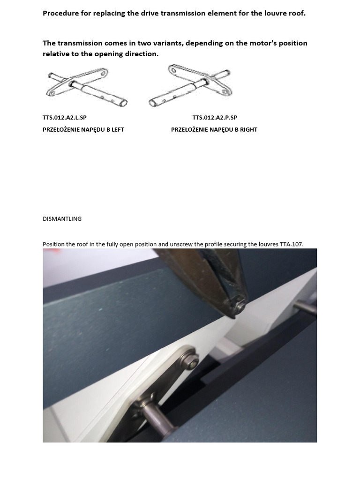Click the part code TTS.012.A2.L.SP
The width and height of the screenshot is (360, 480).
(65, 118)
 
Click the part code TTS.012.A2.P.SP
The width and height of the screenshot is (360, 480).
(215, 118)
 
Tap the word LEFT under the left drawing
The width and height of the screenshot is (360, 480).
(118, 130)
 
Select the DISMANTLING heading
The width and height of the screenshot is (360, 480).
(62, 219)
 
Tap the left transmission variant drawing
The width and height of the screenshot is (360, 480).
(87, 87)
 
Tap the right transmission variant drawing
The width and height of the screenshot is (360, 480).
(190, 85)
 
